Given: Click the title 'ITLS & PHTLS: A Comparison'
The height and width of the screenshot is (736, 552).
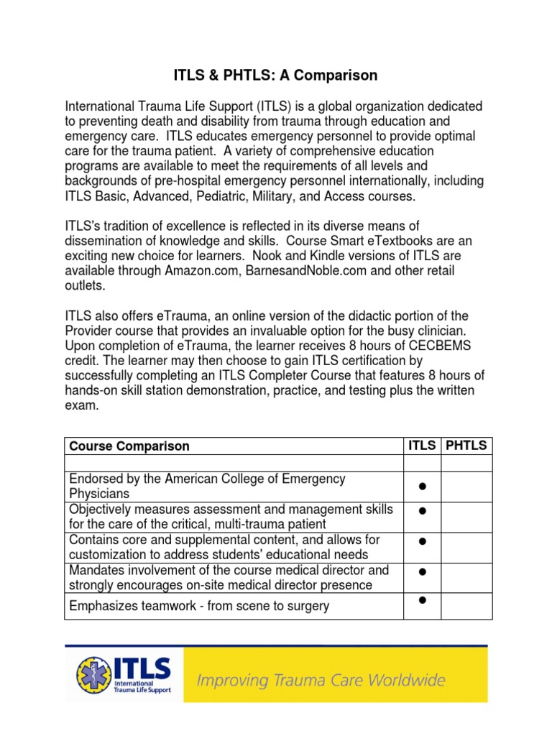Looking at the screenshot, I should pyautogui.click(x=276, y=75).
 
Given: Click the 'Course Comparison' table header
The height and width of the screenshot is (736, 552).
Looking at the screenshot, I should pyautogui.click(x=129, y=446).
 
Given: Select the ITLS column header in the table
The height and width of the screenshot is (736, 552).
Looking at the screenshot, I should pyautogui.click(x=422, y=446).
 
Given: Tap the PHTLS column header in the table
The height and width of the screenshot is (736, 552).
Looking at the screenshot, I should pyautogui.click(x=466, y=446).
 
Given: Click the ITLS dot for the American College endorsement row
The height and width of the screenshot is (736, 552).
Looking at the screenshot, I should pyautogui.click(x=423, y=487).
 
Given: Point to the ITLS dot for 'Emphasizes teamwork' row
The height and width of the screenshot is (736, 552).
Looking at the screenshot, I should pyautogui.click(x=423, y=600).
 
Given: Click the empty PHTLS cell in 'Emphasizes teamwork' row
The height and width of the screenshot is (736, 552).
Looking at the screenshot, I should pyautogui.click(x=466, y=606).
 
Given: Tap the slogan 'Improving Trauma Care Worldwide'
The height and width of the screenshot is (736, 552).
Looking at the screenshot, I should pyautogui.click(x=321, y=679).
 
